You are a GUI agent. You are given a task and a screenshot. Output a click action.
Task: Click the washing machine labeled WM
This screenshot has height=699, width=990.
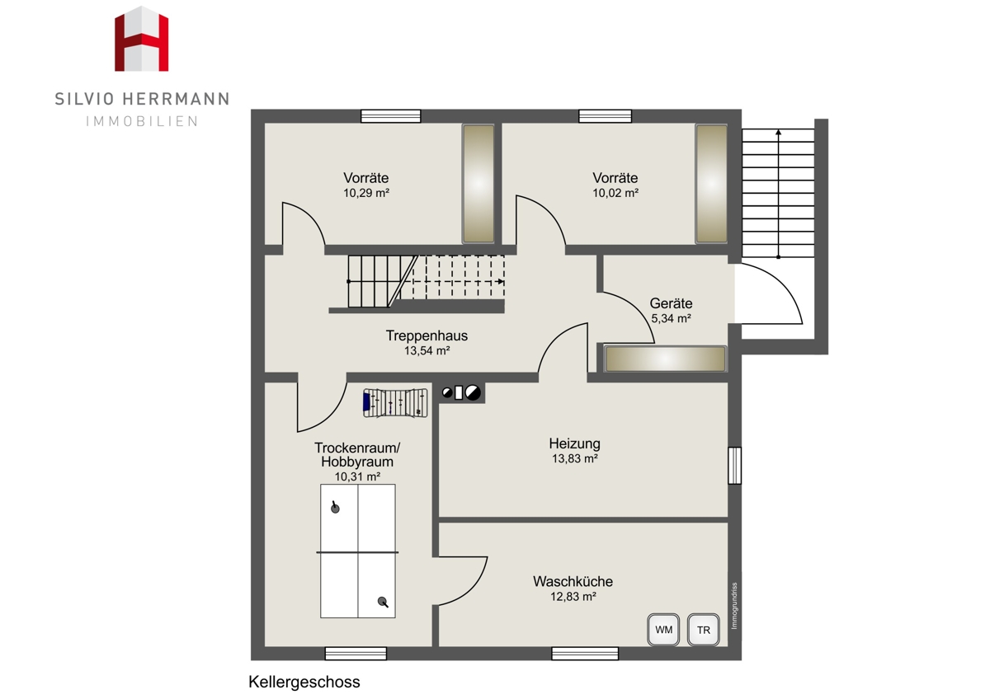(663, 629)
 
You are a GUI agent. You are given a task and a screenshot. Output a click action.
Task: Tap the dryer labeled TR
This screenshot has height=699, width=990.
(703, 629)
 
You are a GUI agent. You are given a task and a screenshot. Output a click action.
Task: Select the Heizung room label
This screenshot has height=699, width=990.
(574, 443)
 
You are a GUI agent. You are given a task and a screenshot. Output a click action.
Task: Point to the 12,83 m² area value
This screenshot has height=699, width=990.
(573, 597)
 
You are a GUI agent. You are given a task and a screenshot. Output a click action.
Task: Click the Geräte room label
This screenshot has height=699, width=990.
(671, 303)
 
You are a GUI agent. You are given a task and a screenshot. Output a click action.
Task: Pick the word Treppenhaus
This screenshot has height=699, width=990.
(427, 335)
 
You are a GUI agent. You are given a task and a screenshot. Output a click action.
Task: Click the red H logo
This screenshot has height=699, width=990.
(141, 39)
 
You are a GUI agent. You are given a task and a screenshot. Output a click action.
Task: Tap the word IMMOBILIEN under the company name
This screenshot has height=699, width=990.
(142, 121)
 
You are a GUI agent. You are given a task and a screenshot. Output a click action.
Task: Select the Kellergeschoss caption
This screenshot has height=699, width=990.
(304, 682)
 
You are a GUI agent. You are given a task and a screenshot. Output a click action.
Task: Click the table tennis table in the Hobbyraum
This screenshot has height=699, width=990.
(357, 551)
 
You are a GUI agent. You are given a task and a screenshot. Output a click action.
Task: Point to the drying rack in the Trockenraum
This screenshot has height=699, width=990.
(395, 403)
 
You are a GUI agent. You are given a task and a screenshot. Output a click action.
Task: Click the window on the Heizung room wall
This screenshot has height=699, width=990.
(734, 466)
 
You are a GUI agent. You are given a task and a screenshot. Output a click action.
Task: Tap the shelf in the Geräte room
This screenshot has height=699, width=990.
(665, 359)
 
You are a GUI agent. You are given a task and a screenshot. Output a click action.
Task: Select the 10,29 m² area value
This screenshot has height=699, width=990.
(366, 193)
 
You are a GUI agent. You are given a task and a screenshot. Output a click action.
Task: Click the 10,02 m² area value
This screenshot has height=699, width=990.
(615, 193)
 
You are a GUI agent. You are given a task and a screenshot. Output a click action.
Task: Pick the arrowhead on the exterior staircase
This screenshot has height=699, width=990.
(778, 132)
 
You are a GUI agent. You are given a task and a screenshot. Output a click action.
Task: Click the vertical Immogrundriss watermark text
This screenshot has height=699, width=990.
(734, 605)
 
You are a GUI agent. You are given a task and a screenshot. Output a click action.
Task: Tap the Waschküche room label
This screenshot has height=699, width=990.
(573, 582)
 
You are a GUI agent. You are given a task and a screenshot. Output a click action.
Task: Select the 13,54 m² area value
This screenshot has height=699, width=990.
(427, 350)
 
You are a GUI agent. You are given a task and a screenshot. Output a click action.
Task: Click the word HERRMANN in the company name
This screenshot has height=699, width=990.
(176, 99)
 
